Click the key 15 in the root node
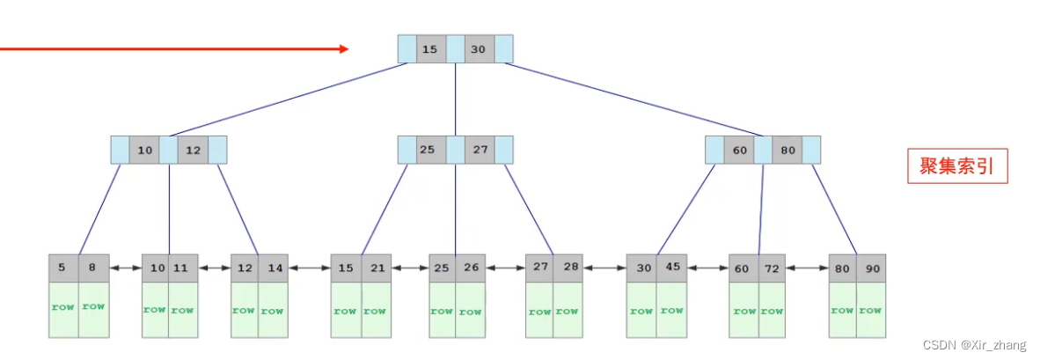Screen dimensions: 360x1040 [x=429, y=49]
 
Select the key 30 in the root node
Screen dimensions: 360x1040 [x=478, y=49]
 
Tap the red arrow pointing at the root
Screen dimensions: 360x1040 [x=176, y=49]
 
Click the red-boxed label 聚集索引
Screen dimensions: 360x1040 [x=957, y=166]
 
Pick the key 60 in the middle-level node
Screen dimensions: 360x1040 [x=739, y=151]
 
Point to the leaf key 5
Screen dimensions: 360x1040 [x=63, y=268]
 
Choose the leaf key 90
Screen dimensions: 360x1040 [x=870, y=268]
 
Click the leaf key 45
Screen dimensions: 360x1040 [x=671, y=268]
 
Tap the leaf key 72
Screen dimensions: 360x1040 [x=772, y=268]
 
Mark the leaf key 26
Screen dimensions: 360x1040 [x=472, y=268]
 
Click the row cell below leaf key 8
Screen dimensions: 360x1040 [x=93, y=309]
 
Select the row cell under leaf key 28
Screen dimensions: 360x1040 [x=568, y=311]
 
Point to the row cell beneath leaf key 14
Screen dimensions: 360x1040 [x=273, y=311]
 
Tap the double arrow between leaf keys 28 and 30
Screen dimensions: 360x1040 [x=604, y=268]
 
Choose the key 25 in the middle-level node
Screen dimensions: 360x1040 [x=428, y=151]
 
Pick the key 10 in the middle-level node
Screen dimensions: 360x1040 [x=144, y=151]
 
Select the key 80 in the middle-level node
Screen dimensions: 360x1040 [x=787, y=151]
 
